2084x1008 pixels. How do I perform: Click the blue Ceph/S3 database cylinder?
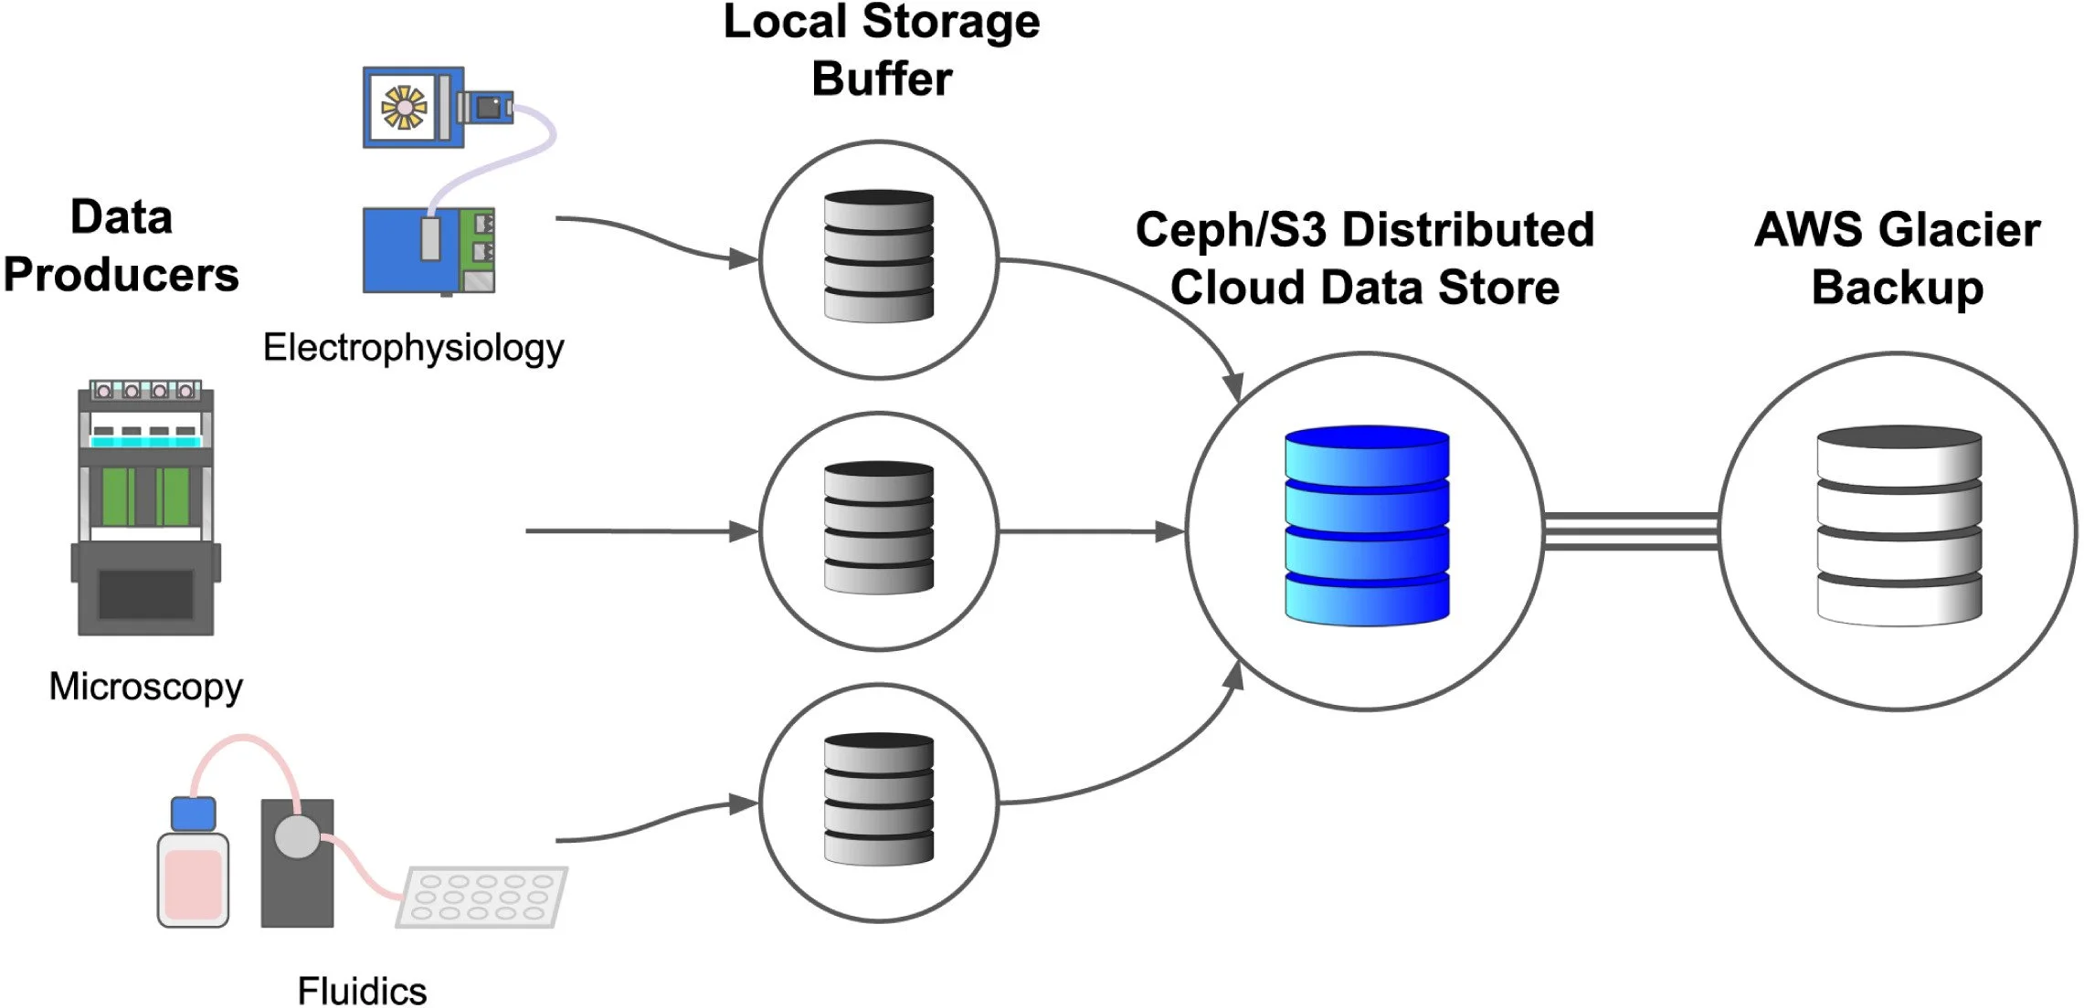[x=1367, y=526]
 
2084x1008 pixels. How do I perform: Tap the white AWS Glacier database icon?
[x=1899, y=526]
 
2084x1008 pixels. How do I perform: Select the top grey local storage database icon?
[x=879, y=257]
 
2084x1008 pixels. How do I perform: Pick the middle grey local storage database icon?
[x=879, y=529]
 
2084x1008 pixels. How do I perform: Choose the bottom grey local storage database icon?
[x=879, y=800]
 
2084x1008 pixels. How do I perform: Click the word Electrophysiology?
[x=414, y=349]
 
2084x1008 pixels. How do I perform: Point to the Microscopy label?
[x=146, y=688]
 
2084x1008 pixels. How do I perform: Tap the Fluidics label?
[x=363, y=991]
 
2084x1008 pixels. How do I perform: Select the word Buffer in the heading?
[x=883, y=79]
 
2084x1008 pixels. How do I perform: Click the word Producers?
[x=122, y=275]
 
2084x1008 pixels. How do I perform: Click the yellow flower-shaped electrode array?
[x=404, y=107]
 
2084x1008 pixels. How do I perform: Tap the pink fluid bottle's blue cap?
[x=194, y=814]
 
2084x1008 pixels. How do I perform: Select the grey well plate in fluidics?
[x=481, y=897]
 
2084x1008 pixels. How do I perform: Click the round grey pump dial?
[x=298, y=836]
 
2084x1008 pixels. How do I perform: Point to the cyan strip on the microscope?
[x=145, y=442]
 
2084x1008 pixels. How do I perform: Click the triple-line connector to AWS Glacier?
[x=1631, y=531]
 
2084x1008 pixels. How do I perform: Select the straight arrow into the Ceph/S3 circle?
[x=1093, y=531]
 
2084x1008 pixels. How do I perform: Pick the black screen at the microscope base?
[x=145, y=593]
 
